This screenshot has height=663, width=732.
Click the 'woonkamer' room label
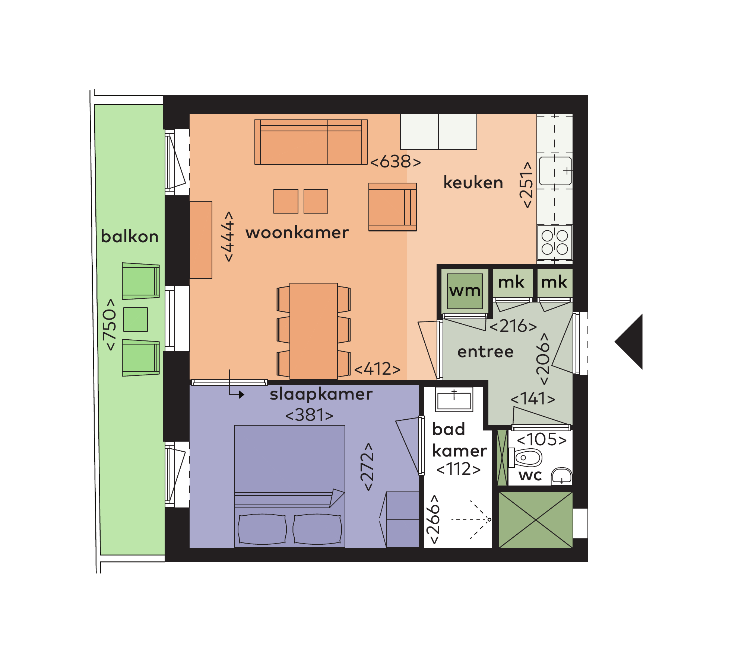click(297, 233)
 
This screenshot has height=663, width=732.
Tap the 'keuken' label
click(473, 183)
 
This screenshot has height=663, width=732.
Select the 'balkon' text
click(130, 236)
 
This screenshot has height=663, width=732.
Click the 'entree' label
click(485, 352)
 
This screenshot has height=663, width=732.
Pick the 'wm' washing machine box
click(465, 291)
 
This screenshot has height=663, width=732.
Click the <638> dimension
click(396, 162)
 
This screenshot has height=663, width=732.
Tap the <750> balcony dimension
click(110, 324)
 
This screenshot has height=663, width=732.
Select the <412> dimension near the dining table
click(377, 369)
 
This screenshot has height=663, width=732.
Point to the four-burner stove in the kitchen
click(555, 242)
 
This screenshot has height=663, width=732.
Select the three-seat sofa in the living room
click(311, 142)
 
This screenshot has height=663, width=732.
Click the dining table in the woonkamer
click(314, 331)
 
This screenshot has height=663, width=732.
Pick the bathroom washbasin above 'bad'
click(454, 400)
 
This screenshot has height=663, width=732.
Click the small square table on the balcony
click(136, 320)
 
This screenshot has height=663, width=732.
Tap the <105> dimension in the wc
click(542, 440)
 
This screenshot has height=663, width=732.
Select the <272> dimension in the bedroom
click(367, 467)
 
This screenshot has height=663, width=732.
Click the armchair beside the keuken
click(393, 207)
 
